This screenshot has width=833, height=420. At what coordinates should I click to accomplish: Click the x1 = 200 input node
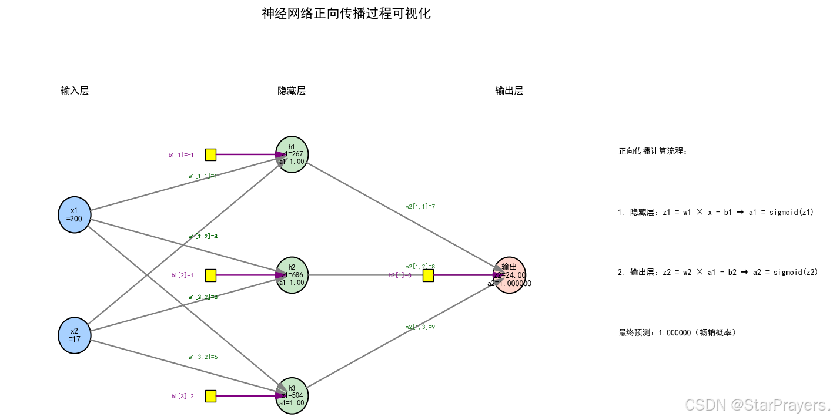[x=74, y=215]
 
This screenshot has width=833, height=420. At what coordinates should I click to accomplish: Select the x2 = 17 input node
[x=74, y=335]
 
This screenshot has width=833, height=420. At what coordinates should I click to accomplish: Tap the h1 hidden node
[x=292, y=154]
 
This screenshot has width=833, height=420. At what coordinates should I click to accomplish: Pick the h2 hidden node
[x=292, y=275]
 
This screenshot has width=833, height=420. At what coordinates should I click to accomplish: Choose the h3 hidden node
[x=292, y=395]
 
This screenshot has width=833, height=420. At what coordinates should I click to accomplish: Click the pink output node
[x=509, y=275]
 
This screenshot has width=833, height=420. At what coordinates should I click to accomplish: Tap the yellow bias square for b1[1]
[x=210, y=154]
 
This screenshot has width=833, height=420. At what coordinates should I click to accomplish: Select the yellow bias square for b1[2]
[x=210, y=275]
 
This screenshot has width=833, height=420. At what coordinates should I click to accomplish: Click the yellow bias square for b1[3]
[x=210, y=396]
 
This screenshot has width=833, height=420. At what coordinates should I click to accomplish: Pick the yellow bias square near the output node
[x=428, y=275]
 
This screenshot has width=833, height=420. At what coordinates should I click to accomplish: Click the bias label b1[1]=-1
[x=181, y=155]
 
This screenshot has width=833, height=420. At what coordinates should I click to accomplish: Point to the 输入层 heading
[x=75, y=90]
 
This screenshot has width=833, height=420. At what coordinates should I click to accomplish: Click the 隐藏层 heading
[x=292, y=90]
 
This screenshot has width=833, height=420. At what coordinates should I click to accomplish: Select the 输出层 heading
[x=509, y=90]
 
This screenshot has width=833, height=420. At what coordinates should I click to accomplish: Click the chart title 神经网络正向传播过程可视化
[x=346, y=14]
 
